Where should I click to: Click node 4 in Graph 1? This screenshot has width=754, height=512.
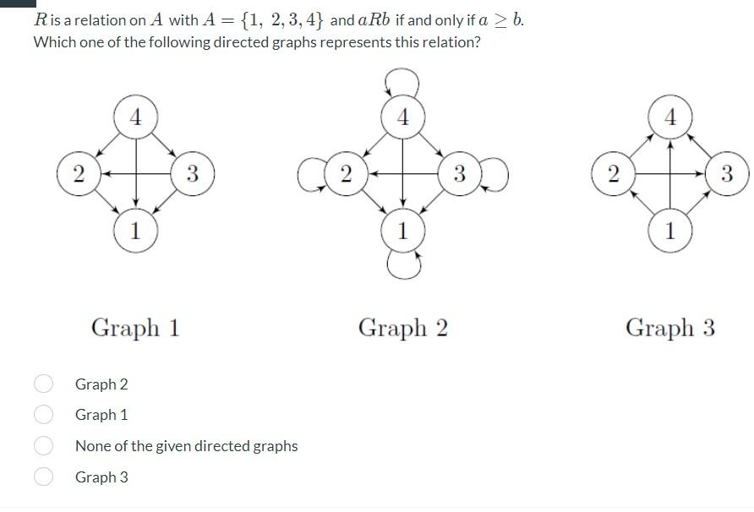135,116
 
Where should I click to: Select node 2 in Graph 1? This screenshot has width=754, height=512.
78,174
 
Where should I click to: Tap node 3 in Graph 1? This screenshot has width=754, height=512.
192,174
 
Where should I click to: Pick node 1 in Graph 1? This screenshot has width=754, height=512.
135,229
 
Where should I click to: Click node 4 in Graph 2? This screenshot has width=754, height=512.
402,117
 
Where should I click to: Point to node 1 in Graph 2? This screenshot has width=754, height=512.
402,230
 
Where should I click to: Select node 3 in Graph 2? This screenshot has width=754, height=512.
459,174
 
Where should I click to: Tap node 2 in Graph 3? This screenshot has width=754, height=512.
613,174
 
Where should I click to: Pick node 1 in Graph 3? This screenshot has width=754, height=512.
670,230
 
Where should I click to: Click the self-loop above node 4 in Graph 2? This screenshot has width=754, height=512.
402,82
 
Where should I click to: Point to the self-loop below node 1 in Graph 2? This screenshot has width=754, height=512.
403,264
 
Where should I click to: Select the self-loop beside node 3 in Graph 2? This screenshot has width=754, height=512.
494,174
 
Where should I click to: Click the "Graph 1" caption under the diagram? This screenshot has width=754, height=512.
135,328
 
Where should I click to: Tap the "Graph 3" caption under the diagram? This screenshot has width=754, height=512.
670,328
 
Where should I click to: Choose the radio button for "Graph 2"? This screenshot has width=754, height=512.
44,384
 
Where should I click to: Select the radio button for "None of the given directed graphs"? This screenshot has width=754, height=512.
44,445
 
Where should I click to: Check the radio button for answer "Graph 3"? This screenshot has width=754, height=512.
44,477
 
